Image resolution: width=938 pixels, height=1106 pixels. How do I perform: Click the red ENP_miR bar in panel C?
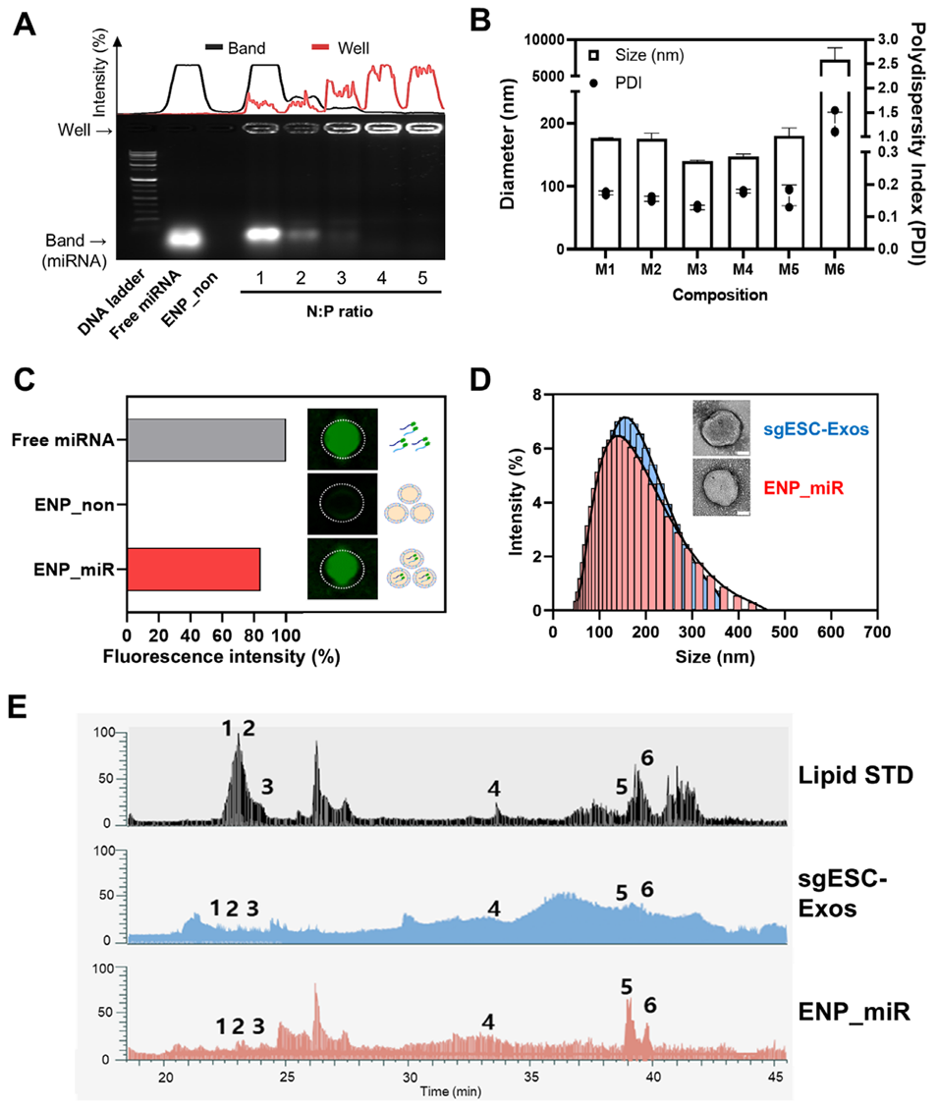click(193, 570)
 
